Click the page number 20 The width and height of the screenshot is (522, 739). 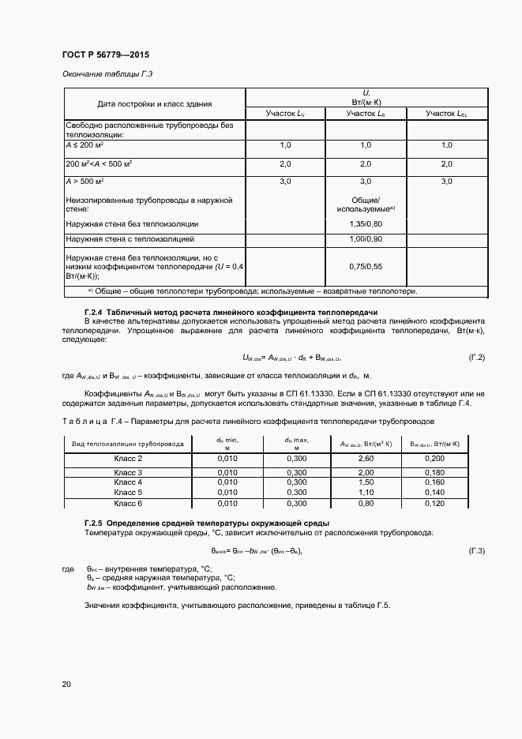[x=66, y=683]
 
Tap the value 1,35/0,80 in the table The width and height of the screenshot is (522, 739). [x=365, y=224]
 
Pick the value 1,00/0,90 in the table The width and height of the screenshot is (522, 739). [x=365, y=238]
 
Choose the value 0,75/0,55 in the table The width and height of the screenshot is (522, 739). [x=365, y=267]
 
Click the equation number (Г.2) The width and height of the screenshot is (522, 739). [x=476, y=358]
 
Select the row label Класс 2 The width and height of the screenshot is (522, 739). [x=128, y=458]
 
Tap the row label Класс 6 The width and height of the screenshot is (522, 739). [x=128, y=503]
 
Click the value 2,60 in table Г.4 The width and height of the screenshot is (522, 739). [x=366, y=458]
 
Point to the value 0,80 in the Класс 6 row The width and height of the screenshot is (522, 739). [x=366, y=503]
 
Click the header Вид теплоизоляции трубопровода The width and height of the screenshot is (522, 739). [x=128, y=444]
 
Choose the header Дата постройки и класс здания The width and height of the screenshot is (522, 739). [x=154, y=104]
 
